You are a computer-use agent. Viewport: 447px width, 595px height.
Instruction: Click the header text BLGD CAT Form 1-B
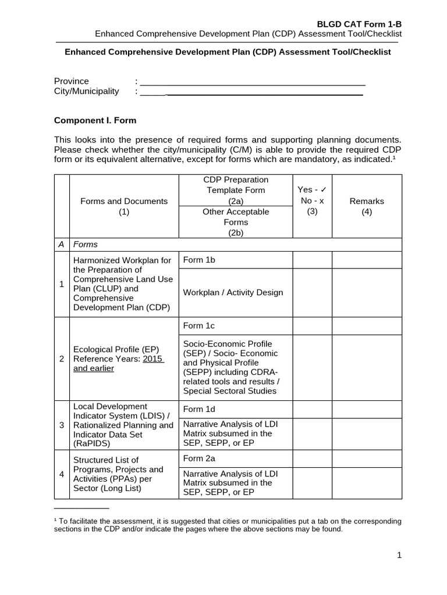tap(359, 24)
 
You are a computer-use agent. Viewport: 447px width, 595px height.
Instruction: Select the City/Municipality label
tap(86, 91)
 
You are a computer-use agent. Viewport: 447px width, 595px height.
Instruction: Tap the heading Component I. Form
tap(95, 121)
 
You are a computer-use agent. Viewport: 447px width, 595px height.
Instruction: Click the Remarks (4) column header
tap(367, 206)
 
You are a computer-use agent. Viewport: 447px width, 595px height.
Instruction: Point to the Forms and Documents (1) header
tap(123, 206)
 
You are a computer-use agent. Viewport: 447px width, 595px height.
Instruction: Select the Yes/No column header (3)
tap(312, 200)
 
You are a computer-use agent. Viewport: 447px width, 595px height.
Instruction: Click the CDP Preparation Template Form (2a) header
tap(236, 190)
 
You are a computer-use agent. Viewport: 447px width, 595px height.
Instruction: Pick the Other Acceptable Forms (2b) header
tap(236, 222)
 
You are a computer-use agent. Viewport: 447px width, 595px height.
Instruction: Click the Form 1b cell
tap(199, 260)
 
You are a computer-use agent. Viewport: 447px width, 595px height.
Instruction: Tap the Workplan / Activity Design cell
tap(233, 292)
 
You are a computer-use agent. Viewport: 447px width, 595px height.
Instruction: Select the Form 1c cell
tap(198, 326)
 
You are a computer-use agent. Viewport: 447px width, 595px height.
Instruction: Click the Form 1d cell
tap(199, 409)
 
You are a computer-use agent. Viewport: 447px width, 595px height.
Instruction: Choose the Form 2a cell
tap(199, 458)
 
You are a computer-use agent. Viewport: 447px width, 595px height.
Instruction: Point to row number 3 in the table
tap(62, 425)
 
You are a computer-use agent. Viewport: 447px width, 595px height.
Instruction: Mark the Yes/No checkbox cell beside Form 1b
tap(312, 260)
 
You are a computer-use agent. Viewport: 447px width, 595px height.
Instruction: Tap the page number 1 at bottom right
tap(399, 555)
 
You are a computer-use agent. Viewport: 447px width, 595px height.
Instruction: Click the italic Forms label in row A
tap(85, 245)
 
